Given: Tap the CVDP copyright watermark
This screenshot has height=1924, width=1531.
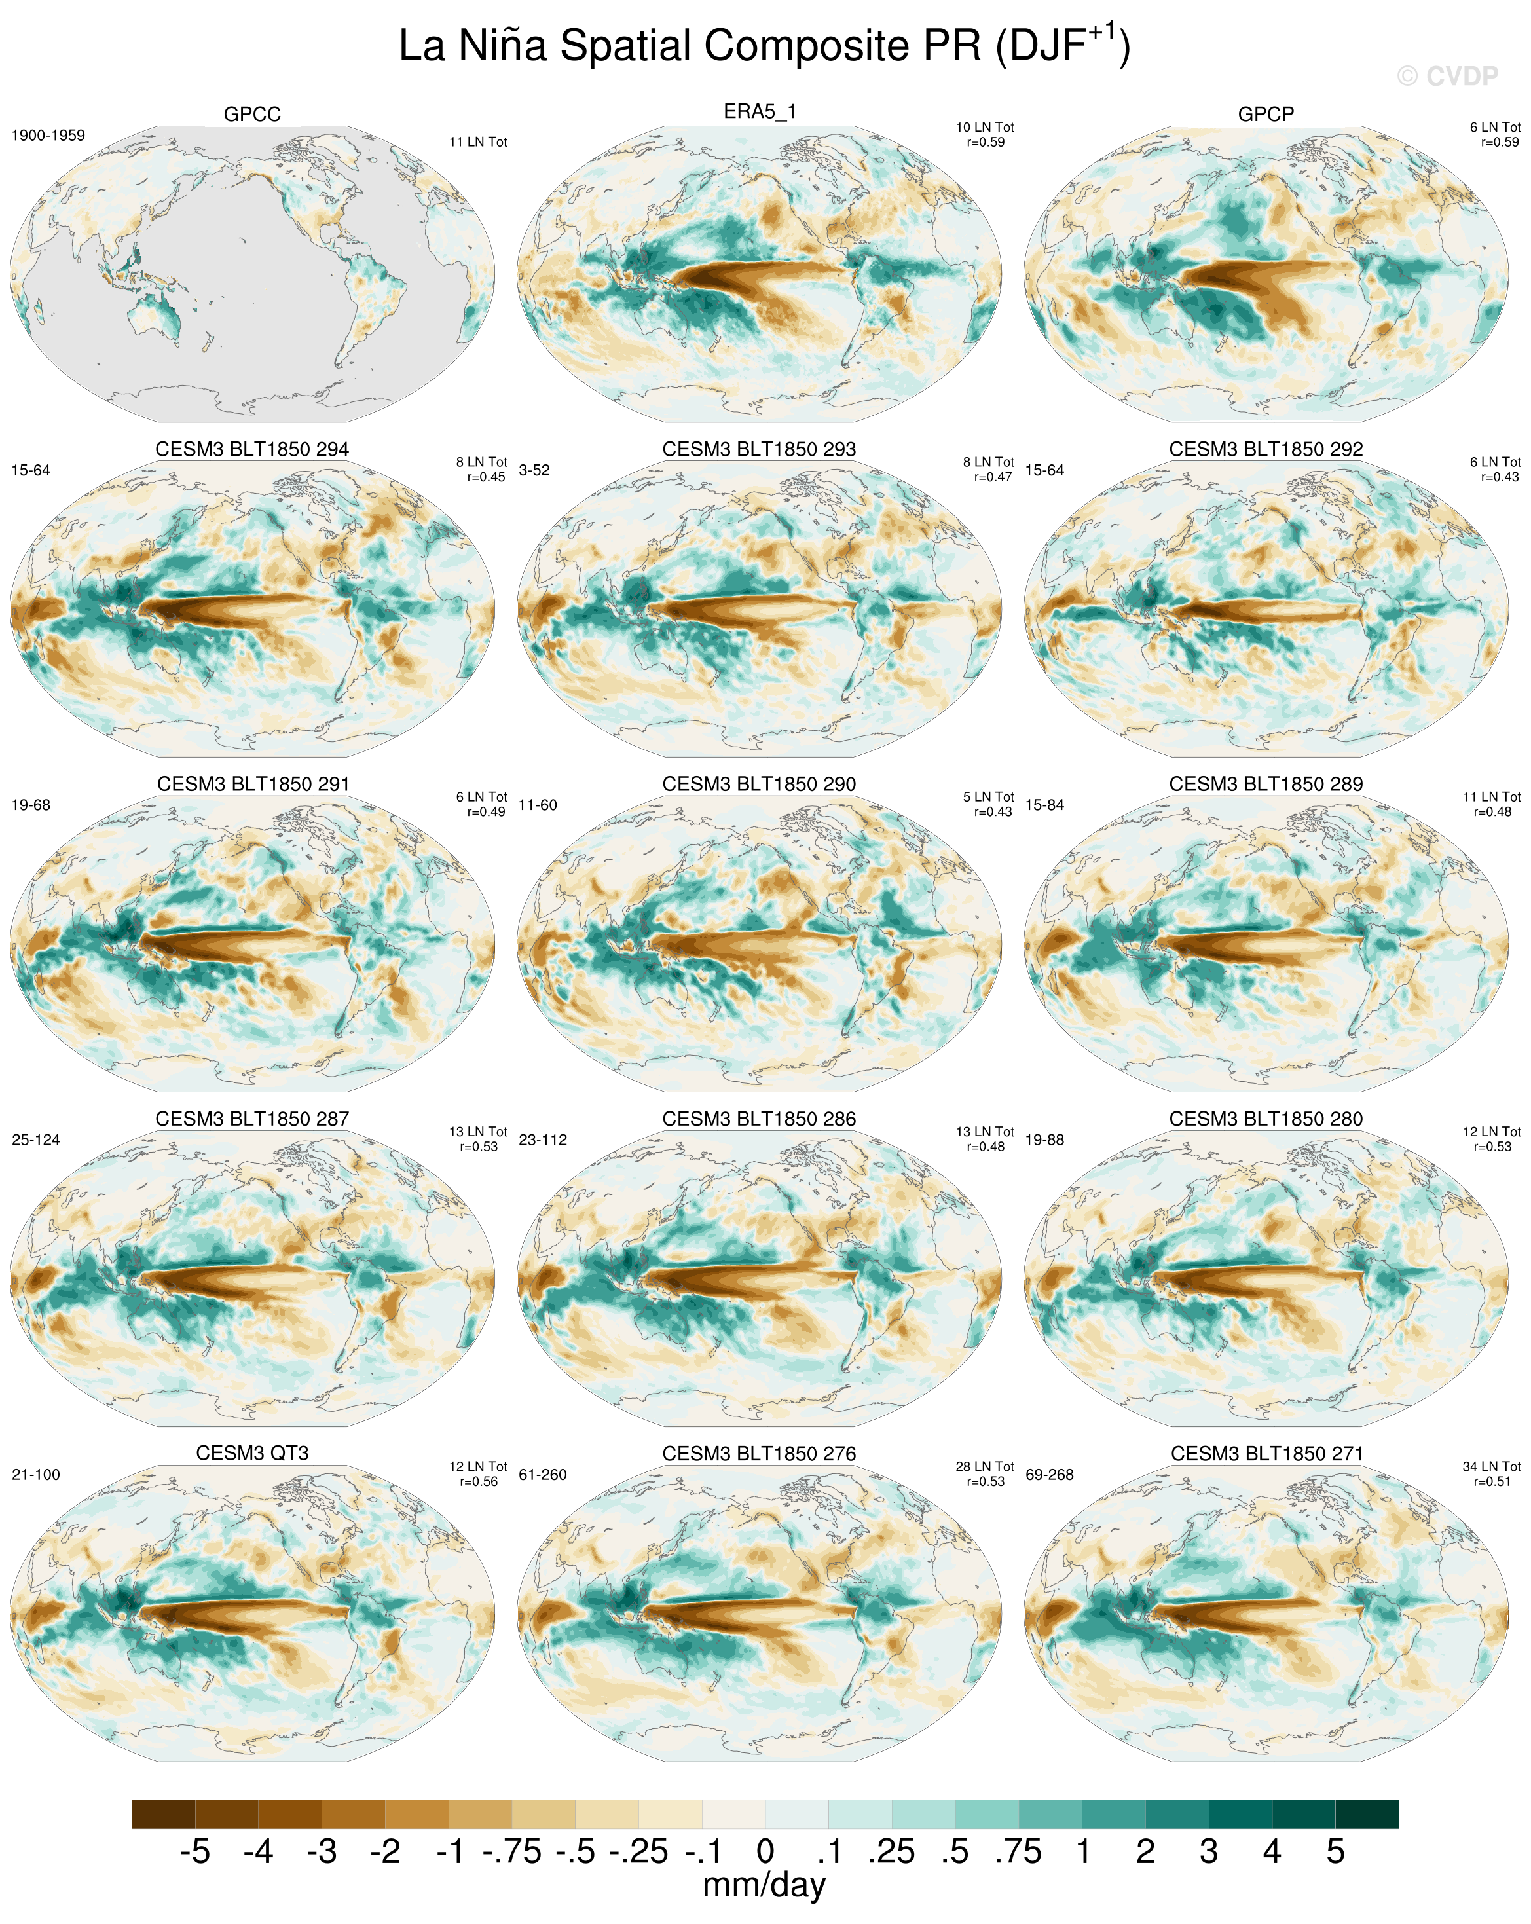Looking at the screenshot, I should [x=1447, y=77].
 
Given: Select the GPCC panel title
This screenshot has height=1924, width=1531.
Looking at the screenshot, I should [x=253, y=114].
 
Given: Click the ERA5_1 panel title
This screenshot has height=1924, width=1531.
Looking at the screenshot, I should [x=759, y=111].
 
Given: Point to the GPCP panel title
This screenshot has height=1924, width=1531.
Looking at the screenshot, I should [x=1265, y=114].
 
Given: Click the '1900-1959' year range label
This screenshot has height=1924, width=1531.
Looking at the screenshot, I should [x=48, y=136].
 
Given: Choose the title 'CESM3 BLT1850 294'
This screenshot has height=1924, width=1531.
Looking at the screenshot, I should [x=253, y=449].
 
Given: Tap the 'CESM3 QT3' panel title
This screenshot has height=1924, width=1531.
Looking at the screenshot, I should [x=253, y=1452].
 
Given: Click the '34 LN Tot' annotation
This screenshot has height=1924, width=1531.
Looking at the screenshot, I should [x=1491, y=1466].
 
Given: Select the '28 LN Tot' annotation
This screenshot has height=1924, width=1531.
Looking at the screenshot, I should [x=984, y=1466].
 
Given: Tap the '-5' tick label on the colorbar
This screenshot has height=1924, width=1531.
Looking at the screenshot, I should [x=194, y=1852].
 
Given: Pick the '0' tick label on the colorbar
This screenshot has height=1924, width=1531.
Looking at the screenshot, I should [x=765, y=1852].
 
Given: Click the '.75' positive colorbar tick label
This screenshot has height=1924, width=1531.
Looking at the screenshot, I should [x=1018, y=1852].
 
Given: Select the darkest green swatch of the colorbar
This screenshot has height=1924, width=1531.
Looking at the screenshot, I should [x=1366, y=1814].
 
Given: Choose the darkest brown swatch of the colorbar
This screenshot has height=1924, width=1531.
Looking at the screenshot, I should [x=163, y=1814].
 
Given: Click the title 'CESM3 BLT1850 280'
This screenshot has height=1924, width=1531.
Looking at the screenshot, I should [x=1265, y=1118].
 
